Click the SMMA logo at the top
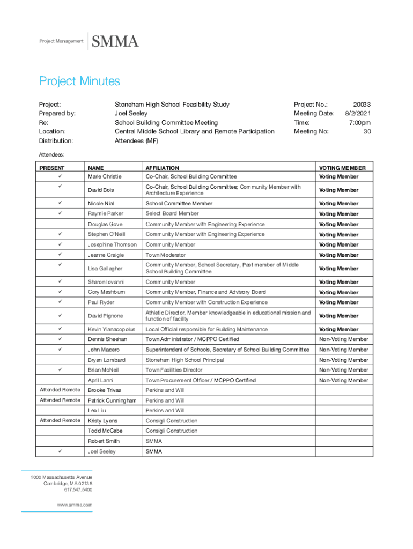116,41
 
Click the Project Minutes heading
79,81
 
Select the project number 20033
362,105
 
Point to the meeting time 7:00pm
359,122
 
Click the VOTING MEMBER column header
342,168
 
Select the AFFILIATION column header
163,168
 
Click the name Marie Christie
105,176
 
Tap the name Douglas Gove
105,224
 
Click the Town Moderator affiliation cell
166,255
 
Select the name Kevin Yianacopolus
112,329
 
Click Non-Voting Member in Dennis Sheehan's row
343,339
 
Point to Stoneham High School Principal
185,360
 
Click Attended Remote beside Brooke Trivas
60,390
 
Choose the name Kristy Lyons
103,421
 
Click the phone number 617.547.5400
78,489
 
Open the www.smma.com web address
75,505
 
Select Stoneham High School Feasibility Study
172,105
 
